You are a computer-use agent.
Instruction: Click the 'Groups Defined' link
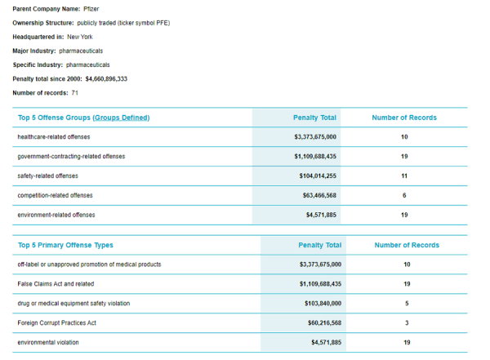click(121, 118)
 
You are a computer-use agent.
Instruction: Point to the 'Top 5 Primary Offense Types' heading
click(65, 245)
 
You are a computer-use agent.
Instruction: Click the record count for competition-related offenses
click(404, 195)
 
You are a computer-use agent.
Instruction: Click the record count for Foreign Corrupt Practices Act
click(406, 322)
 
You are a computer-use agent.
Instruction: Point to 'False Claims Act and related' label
click(56, 283)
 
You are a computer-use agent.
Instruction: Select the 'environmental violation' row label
click(50, 342)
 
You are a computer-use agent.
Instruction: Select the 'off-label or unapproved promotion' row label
click(89, 264)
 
